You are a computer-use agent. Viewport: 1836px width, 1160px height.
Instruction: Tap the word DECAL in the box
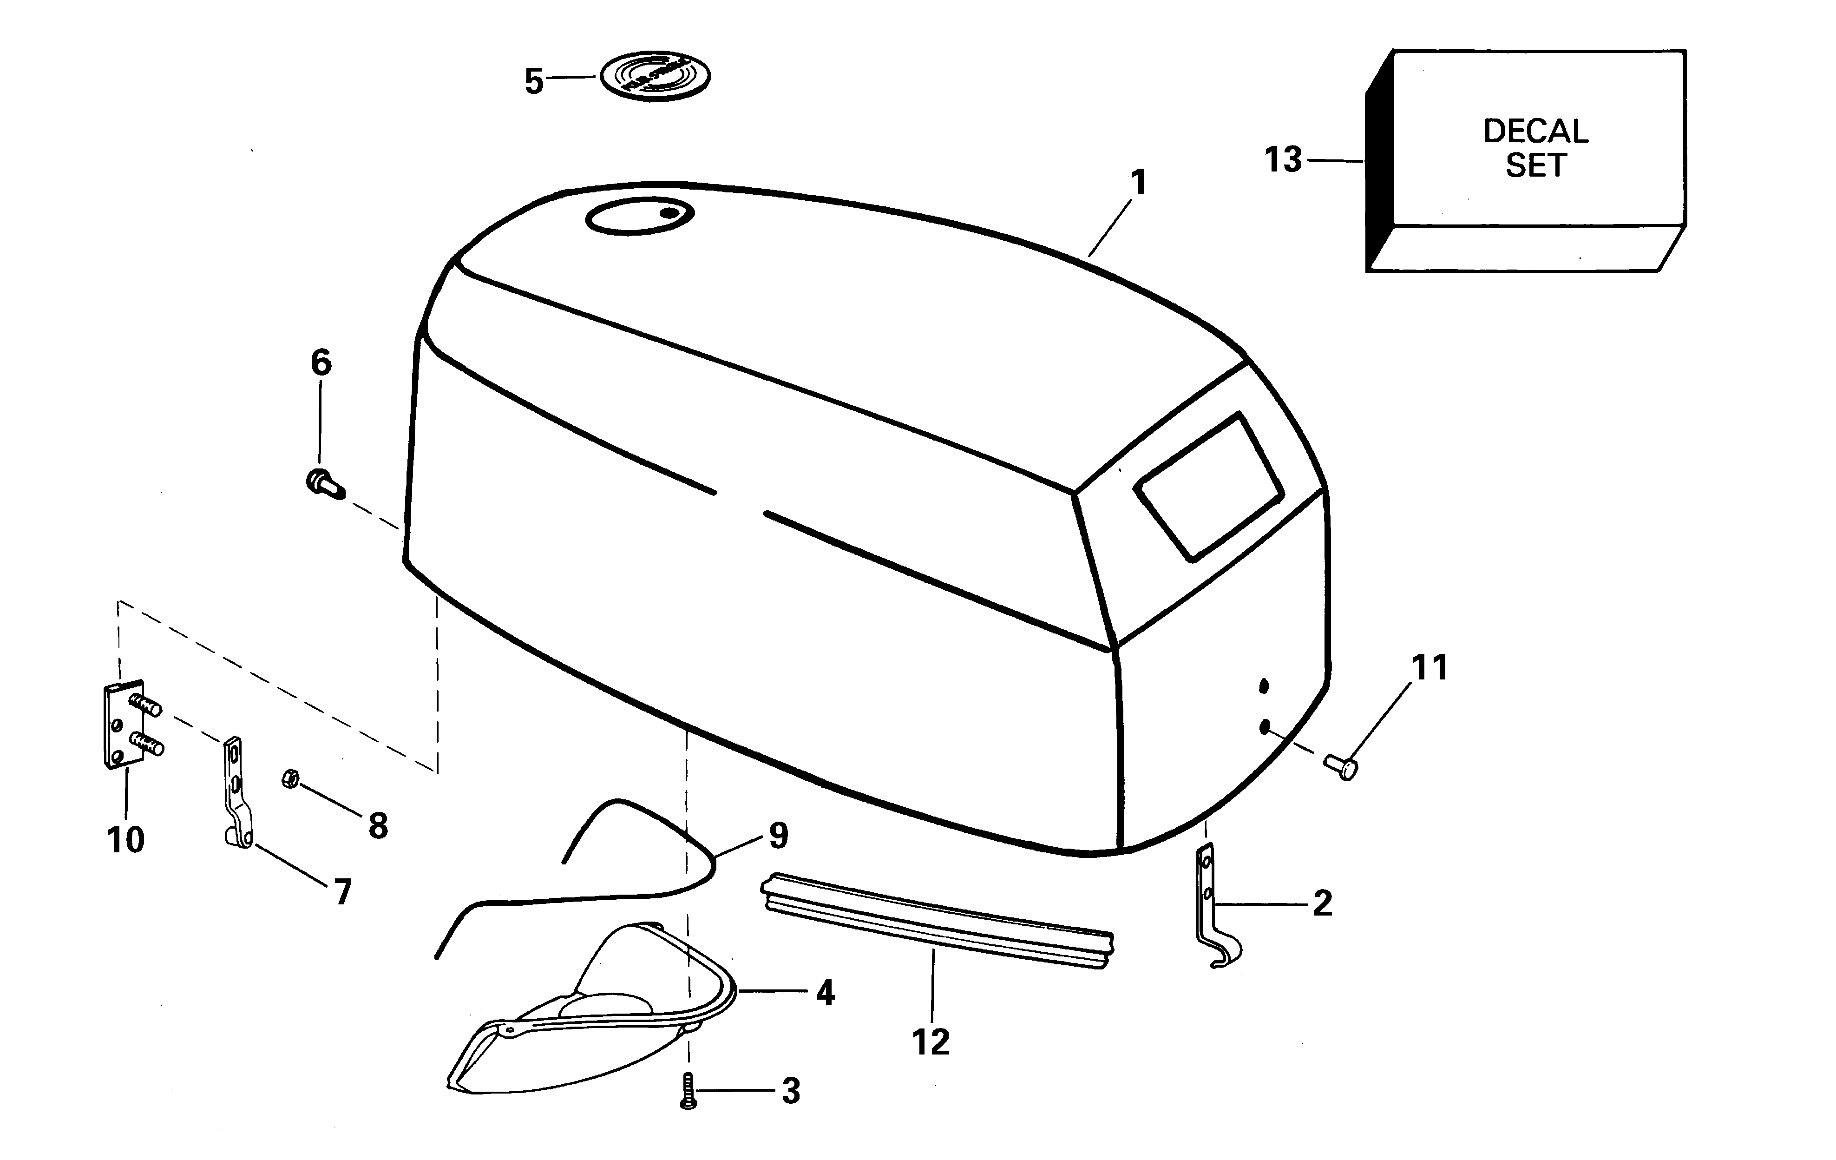(1535, 131)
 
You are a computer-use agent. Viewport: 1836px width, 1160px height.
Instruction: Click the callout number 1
(1138, 183)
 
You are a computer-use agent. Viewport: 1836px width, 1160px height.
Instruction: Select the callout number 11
(1429, 668)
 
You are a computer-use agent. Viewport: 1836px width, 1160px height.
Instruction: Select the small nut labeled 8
(290, 778)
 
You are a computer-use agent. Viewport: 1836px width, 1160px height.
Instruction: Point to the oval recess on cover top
(639, 217)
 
